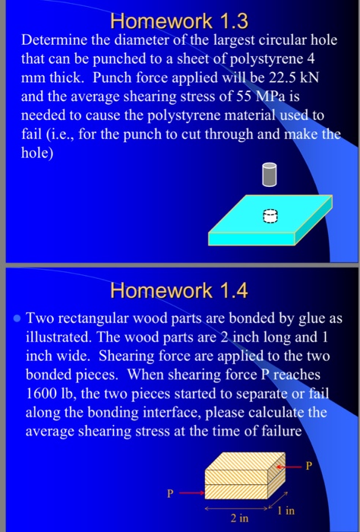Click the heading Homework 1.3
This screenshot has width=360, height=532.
coord(179,16)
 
